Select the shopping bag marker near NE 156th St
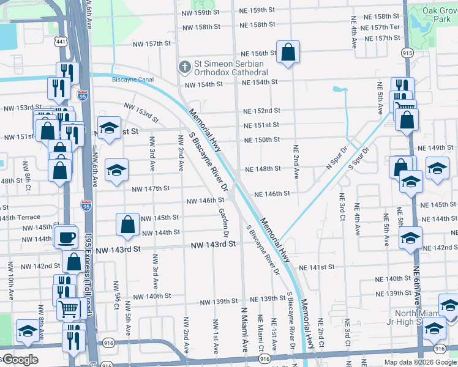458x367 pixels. coord(287,53)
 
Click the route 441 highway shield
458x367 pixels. coord(60,42)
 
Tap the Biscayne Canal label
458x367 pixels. coord(133,80)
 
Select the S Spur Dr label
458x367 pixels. coord(359,158)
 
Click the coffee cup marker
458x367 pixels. coord(67,237)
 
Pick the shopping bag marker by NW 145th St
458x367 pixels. coord(128,224)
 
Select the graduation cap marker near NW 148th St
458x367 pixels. coord(116,171)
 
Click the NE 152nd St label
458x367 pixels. coord(261,111)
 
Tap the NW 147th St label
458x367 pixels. coord(151,188)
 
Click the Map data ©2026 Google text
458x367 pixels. coord(420,361)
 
